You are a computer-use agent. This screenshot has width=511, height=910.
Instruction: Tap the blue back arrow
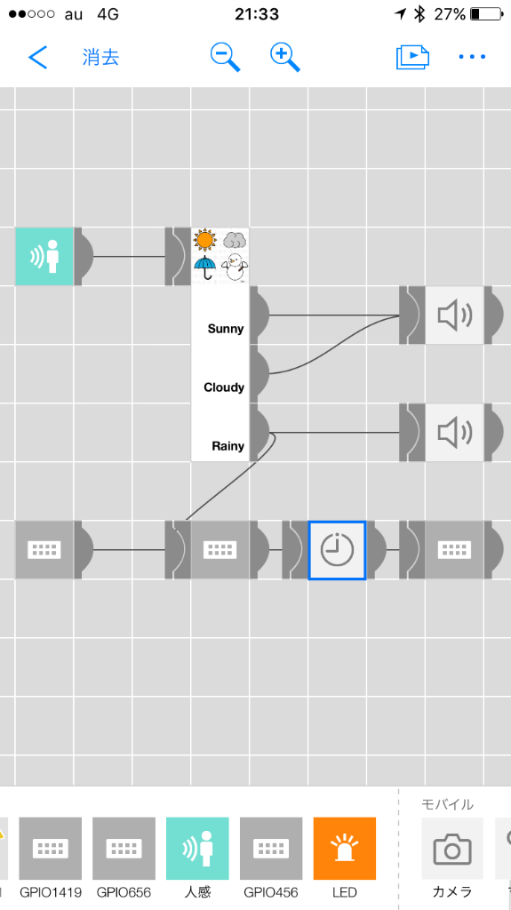point(37,57)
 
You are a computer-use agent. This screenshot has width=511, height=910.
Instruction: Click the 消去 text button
point(100,57)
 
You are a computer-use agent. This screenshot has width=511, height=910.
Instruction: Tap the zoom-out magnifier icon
point(225,57)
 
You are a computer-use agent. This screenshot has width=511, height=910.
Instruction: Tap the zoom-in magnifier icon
point(284,57)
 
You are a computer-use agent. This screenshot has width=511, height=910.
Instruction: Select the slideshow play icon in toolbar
point(412,57)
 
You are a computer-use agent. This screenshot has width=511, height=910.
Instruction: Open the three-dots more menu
point(472,57)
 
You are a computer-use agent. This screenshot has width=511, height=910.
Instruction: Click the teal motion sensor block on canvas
point(44,256)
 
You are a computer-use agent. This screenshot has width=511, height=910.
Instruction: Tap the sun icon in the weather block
point(205,240)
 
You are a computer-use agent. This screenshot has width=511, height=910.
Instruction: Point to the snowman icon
point(235,267)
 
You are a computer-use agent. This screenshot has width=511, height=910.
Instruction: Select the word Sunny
point(226,329)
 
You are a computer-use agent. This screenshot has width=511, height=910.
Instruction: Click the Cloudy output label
point(224,387)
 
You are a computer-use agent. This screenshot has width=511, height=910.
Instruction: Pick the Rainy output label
point(228,446)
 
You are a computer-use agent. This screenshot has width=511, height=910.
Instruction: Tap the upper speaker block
point(455,315)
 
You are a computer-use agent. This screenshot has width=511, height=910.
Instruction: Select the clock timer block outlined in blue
point(337,549)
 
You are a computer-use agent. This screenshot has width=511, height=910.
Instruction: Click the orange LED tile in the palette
point(344,849)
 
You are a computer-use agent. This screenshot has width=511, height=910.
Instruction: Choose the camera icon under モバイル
point(452,849)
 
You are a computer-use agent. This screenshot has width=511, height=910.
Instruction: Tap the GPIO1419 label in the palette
point(51,892)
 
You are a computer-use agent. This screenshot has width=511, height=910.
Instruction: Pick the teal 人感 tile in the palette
point(197,849)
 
